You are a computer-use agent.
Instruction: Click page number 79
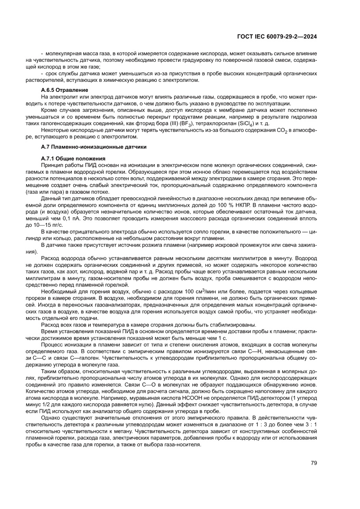(313, 463)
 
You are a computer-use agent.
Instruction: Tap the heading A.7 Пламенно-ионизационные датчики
(94, 147)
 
